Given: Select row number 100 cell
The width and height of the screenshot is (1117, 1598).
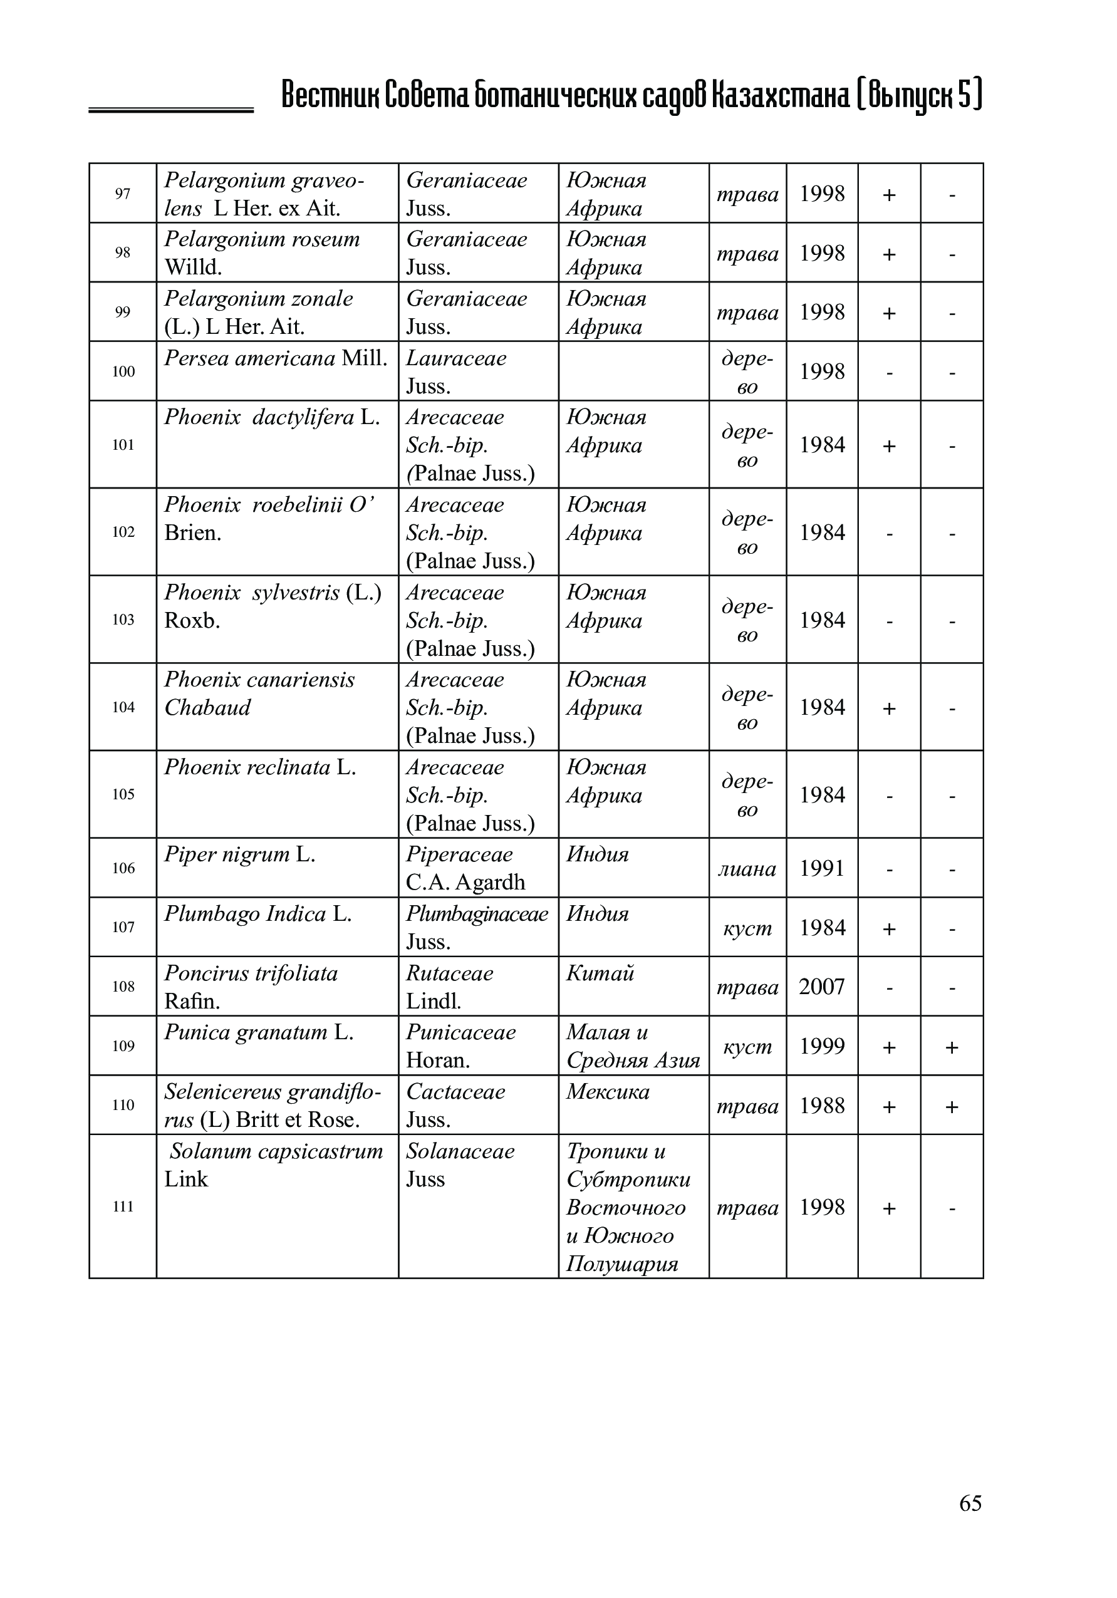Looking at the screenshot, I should pyautogui.click(x=123, y=371).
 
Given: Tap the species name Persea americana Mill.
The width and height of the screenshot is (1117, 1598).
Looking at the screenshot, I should pyautogui.click(x=276, y=358).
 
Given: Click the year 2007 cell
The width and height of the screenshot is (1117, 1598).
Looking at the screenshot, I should pyautogui.click(x=821, y=987).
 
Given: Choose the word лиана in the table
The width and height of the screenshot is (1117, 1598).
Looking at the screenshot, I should pyautogui.click(x=747, y=869).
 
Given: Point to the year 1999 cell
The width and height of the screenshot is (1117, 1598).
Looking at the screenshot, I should pyautogui.click(x=821, y=1046).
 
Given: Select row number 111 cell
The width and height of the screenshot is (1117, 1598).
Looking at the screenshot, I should pyautogui.click(x=123, y=1206).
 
